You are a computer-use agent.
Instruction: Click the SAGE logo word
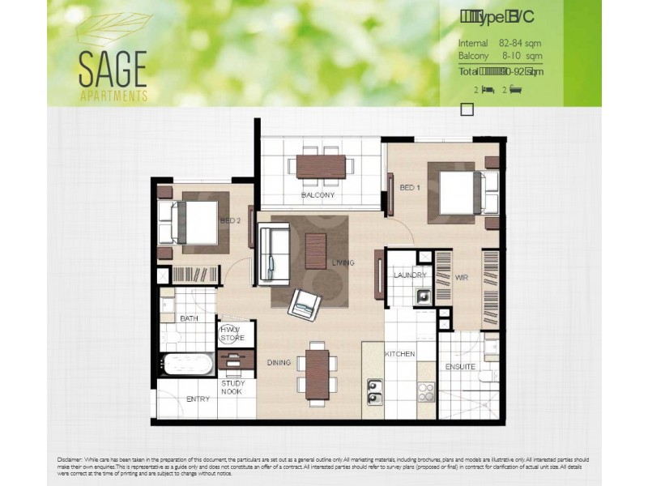[113, 69]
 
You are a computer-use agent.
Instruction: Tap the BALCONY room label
[318, 195]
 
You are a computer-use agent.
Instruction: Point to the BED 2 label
[230, 220]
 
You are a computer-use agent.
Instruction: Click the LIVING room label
[343, 262]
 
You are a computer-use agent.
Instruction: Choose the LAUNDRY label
[410, 275]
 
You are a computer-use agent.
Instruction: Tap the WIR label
[462, 277]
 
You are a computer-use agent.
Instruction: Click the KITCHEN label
[399, 354]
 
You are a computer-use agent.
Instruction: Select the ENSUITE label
[460, 366]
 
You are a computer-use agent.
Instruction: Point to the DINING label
[279, 362]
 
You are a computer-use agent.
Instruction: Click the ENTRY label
[198, 399]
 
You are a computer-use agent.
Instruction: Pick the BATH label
[190, 318]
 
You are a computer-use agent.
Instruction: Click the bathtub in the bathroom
[186, 364]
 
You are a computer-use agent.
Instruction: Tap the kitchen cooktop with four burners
[426, 392]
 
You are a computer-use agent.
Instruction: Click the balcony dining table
[321, 166]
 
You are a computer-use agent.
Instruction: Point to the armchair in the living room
[305, 304]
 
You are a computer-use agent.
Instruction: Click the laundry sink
[424, 296]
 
